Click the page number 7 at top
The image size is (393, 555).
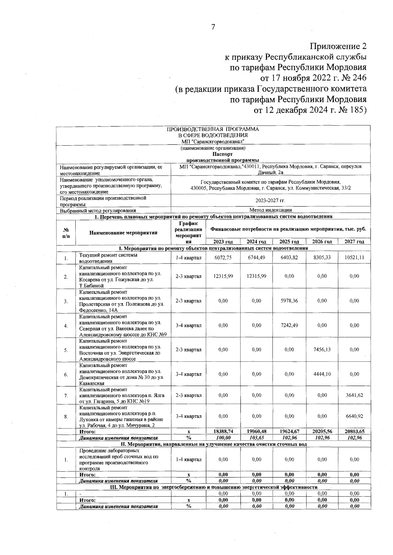click(213, 27)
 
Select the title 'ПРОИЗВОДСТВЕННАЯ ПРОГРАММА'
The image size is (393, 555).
click(213, 129)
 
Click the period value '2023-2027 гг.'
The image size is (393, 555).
click(271, 201)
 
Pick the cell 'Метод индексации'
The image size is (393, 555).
click(271, 210)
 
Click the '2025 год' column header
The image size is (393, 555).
click(289, 242)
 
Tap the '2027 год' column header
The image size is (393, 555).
click(354, 242)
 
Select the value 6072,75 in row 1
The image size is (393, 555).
click(223, 258)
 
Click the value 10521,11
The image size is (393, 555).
click(354, 258)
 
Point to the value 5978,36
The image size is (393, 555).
click(289, 301)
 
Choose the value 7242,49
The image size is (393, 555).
click(289, 325)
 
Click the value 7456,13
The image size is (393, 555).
click(322, 350)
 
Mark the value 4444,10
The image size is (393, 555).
click(322, 374)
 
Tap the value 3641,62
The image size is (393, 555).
click(354, 396)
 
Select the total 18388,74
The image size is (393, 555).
click(223, 432)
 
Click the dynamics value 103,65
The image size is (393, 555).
click(256, 438)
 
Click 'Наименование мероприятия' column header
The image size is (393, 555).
click(123, 233)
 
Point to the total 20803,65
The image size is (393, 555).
click(354, 432)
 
